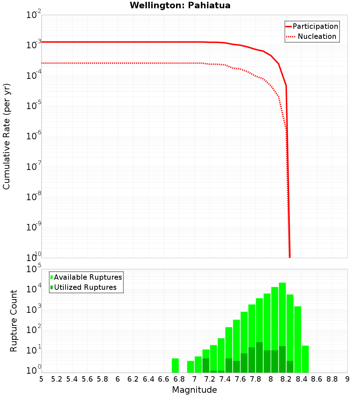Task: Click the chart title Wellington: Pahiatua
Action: [x=180, y=5]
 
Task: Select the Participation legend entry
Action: [x=315, y=27]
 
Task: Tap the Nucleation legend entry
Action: [x=316, y=37]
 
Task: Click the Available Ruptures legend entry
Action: [x=88, y=277]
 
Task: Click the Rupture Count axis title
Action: [x=14, y=321]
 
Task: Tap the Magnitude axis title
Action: [x=194, y=390]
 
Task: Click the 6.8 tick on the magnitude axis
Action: [x=179, y=379]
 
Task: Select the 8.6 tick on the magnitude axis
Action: [x=317, y=379]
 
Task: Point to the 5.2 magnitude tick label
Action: [x=57, y=379]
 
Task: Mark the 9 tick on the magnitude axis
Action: [x=347, y=379]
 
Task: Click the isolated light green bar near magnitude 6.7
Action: [x=175, y=365]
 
